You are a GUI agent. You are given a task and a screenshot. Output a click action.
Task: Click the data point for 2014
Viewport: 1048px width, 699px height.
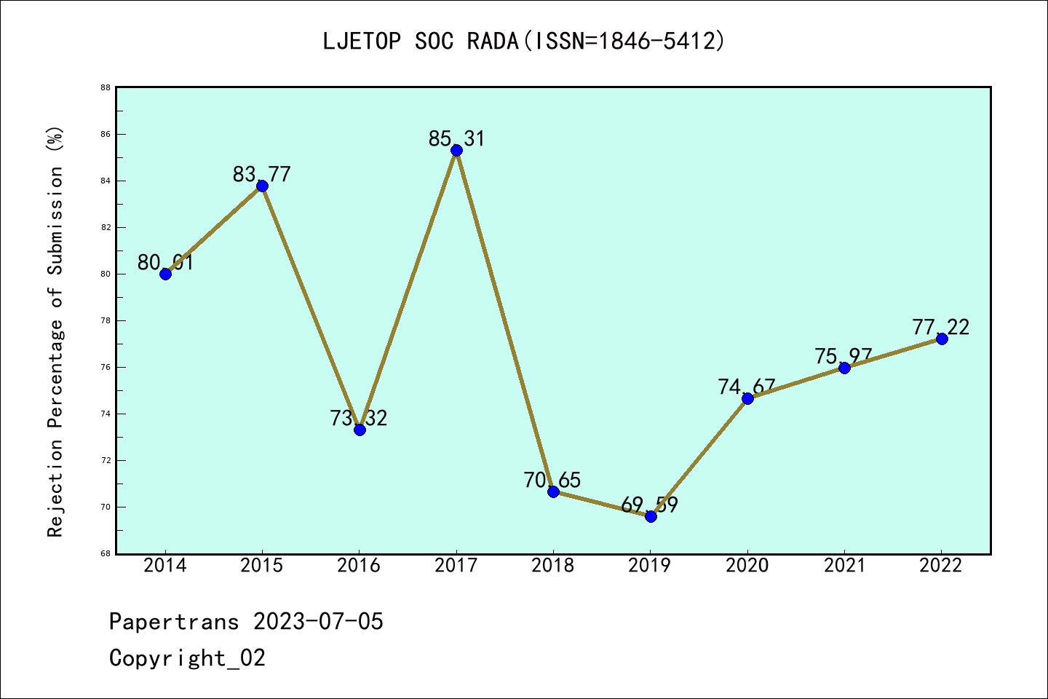(x=165, y=274)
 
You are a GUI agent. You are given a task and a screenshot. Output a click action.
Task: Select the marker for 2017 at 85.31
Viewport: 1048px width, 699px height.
(x=456, y=151)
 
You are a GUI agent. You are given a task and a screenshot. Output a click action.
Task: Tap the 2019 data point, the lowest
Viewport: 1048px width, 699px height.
(x=651, y=516)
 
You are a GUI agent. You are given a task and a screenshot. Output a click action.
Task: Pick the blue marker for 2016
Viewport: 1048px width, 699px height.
(x=360, y=430)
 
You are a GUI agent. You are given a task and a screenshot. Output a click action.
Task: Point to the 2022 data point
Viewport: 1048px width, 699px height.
(x=942, y=339)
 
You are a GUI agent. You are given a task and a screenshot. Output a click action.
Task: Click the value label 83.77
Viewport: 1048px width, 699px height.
(x=262, y=174)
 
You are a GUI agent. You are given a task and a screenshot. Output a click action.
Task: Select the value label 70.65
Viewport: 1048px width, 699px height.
(x=552, y=480)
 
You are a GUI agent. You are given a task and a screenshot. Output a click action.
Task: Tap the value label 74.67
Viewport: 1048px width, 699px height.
(x=747, y=387)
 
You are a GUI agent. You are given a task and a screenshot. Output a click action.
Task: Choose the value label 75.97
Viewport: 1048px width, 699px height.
(x=843, y=356)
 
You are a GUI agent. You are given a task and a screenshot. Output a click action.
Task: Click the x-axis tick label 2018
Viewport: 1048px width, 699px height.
(x=553, y=566)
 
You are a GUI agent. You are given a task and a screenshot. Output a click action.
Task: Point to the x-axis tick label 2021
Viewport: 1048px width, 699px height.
(x=844, y=566)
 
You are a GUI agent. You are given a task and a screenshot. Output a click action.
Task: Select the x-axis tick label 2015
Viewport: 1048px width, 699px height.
(x=262, y=566)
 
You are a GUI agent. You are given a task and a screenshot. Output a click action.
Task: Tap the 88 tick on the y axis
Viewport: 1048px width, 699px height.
(x=106, y=87)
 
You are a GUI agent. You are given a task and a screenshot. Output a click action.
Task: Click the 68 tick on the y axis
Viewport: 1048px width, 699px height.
(x=106, y=553)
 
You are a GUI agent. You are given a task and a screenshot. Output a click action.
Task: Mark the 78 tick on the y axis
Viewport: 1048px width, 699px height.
(x=106, y=320)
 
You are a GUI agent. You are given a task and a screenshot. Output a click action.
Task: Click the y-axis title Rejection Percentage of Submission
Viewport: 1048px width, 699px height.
(x=56, y=332)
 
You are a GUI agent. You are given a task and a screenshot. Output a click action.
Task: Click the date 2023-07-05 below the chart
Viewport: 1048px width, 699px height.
(x=318, y=621)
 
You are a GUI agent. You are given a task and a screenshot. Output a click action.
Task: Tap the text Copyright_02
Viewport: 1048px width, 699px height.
(x=187, y=657)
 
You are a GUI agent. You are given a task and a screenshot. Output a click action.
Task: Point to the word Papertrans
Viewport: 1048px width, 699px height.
(x=174, y=621)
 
